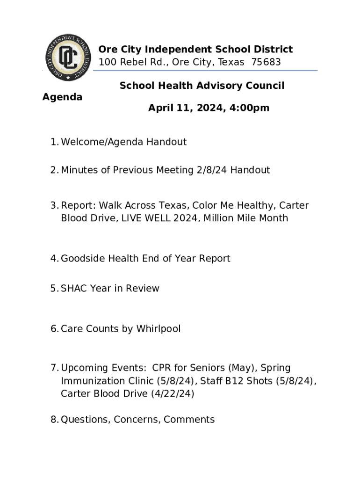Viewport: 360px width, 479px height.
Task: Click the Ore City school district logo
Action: [68, 58]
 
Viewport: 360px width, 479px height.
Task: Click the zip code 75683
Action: [266, 62]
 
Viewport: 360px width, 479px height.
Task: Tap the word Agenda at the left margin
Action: [62, 97]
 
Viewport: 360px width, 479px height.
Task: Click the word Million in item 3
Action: [223, 218]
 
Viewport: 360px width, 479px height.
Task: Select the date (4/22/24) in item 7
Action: [172, 393]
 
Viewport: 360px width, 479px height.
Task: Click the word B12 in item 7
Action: [235, 381]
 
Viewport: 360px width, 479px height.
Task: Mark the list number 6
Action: [54, 329]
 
